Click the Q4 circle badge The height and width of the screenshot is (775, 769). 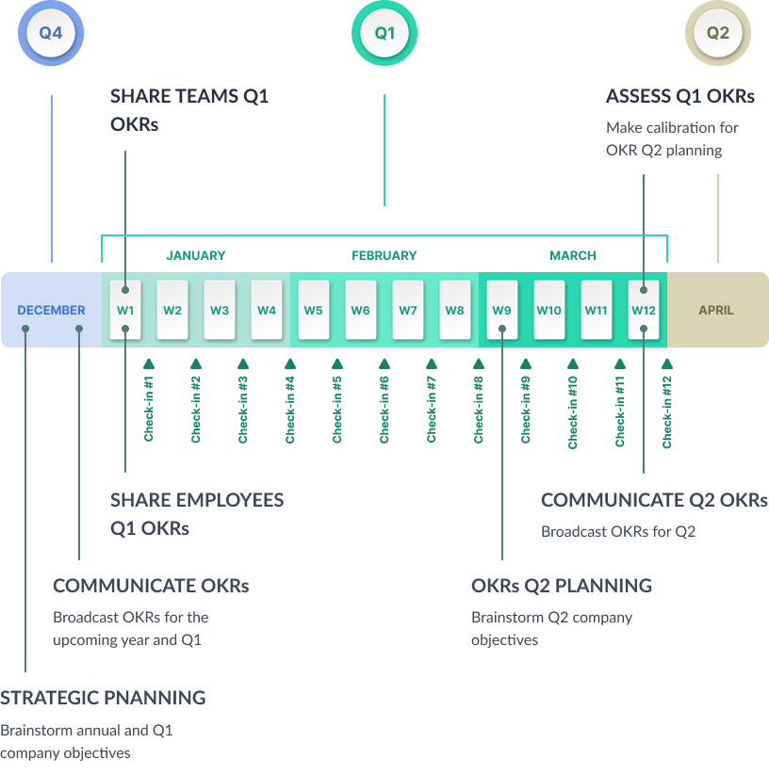point(51,33)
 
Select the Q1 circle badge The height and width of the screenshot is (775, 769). point(384,33)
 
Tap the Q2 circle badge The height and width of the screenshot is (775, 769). point(718,33)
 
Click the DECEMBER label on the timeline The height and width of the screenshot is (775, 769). point(51,310)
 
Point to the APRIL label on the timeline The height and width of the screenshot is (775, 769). point(716,310)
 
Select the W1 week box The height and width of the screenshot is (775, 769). point(125,310)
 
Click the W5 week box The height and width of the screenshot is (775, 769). point(314,310)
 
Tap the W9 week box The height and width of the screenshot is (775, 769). point(502,310)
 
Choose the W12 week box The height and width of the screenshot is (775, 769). point(644,310)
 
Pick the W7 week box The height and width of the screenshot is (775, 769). point(408,310)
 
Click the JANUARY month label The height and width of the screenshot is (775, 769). point(196,255)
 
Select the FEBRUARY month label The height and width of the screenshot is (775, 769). point(384,255)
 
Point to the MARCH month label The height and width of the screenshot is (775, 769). point(573,255)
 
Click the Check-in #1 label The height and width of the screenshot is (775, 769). point(149,410)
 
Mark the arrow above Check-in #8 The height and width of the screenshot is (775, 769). point(479,363)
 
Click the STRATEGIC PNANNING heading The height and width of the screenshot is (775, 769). point(103,698)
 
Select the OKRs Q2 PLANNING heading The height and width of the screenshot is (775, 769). point(562,586)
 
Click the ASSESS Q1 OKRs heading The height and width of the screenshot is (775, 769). point(680,96)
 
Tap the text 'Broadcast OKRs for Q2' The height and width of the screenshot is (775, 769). point(618,531)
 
